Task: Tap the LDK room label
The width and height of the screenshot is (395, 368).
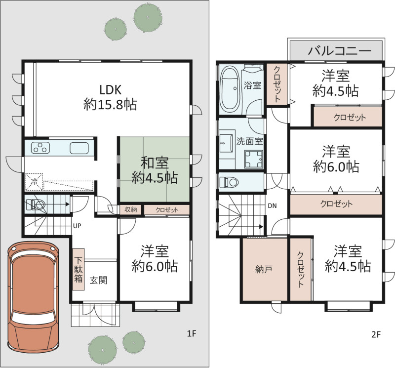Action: tap(110, 97)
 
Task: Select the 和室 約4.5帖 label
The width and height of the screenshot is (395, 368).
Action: tap(155, 170)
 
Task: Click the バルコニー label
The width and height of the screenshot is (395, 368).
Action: tap(340, 51)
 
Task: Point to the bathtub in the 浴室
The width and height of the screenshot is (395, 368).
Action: tap(230, 88)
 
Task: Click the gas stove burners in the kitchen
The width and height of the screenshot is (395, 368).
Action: tap(40, 148)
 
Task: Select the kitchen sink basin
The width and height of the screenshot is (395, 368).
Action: tap(79, 148)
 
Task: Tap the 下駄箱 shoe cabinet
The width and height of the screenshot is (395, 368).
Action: tap(79, 269)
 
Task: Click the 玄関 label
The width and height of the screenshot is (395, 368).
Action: tap(98, 280)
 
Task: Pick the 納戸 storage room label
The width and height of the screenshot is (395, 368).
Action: tap(263, 269)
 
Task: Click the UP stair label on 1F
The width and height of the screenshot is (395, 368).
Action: tap(77, 226)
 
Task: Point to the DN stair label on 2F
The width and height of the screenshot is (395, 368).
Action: tap(272, 206)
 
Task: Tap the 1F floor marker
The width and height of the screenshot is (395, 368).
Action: tap(192, 334)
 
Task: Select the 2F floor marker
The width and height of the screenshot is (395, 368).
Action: tap(376, 334)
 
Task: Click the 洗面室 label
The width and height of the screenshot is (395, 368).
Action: tap(249, 141)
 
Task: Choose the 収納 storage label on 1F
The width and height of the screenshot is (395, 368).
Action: tap(130, 210)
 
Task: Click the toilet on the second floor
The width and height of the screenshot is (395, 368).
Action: tap(229, 182)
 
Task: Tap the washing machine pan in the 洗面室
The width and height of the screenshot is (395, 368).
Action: tap(253, 159)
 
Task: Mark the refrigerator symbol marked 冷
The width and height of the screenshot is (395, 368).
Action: tap(34, 182)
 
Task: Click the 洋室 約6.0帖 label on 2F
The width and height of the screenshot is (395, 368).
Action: tap(336, 159)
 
